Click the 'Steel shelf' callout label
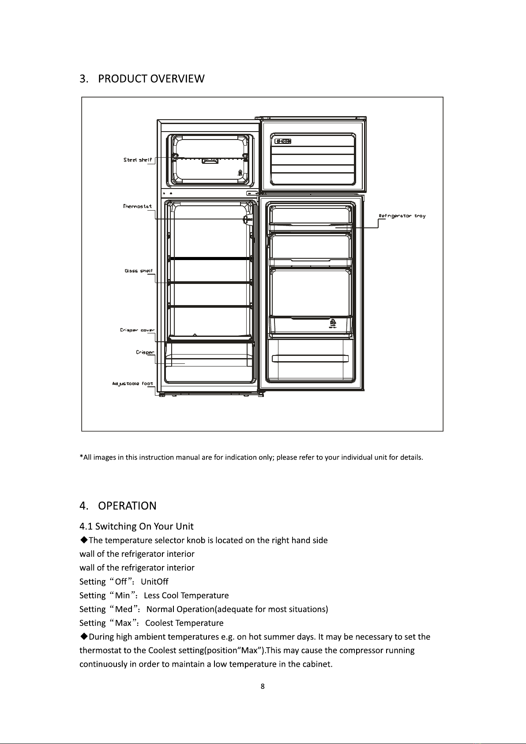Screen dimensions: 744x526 (138, 160)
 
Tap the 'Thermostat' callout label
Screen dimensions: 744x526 (138, 206)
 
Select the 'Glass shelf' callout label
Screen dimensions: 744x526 (139, 271)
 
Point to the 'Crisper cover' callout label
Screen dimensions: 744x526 (137, 330)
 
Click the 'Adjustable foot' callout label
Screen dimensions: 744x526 (132, 384)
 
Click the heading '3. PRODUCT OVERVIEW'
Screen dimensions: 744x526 (142, 79)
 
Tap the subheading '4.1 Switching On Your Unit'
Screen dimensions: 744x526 (136, 526)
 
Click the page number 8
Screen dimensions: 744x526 (263, 686)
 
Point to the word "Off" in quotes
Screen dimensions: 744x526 (120, 582)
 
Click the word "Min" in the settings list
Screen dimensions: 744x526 (122, 596)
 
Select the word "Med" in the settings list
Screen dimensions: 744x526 (124, 609)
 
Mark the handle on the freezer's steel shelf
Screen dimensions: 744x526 (210, 161)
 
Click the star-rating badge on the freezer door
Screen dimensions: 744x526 (283, 141)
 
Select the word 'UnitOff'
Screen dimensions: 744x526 (154, 582)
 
